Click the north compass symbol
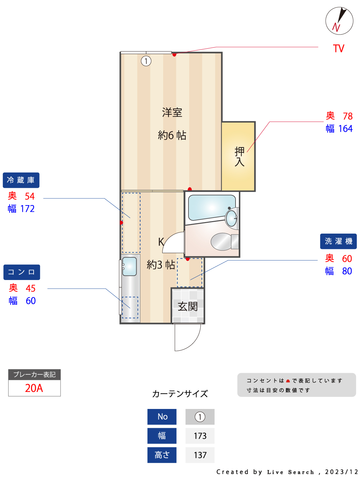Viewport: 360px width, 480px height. point(339,21)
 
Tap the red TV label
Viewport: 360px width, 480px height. point(339,49)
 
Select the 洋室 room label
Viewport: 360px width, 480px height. point(172,113)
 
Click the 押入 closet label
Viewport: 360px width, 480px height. point(239,156)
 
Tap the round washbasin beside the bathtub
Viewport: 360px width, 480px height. point(231,218)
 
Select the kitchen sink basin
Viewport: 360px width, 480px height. point(129,266)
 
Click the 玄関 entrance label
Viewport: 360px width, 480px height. point(188,307)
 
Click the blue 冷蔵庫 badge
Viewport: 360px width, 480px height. point(21,180)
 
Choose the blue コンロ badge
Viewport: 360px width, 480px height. point(22,272)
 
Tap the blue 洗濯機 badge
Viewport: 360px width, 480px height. point(338,241)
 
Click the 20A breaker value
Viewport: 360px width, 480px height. point(34,388)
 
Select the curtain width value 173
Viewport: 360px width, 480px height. point(200,436)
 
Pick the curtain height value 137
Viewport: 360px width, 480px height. point(200,455)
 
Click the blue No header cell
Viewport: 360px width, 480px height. point(162,417)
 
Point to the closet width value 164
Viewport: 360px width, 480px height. point(345,129)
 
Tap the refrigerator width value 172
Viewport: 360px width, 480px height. point(27,209)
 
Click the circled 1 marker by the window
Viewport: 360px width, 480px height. point(146,61)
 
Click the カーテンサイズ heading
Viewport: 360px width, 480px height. point(180,394)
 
